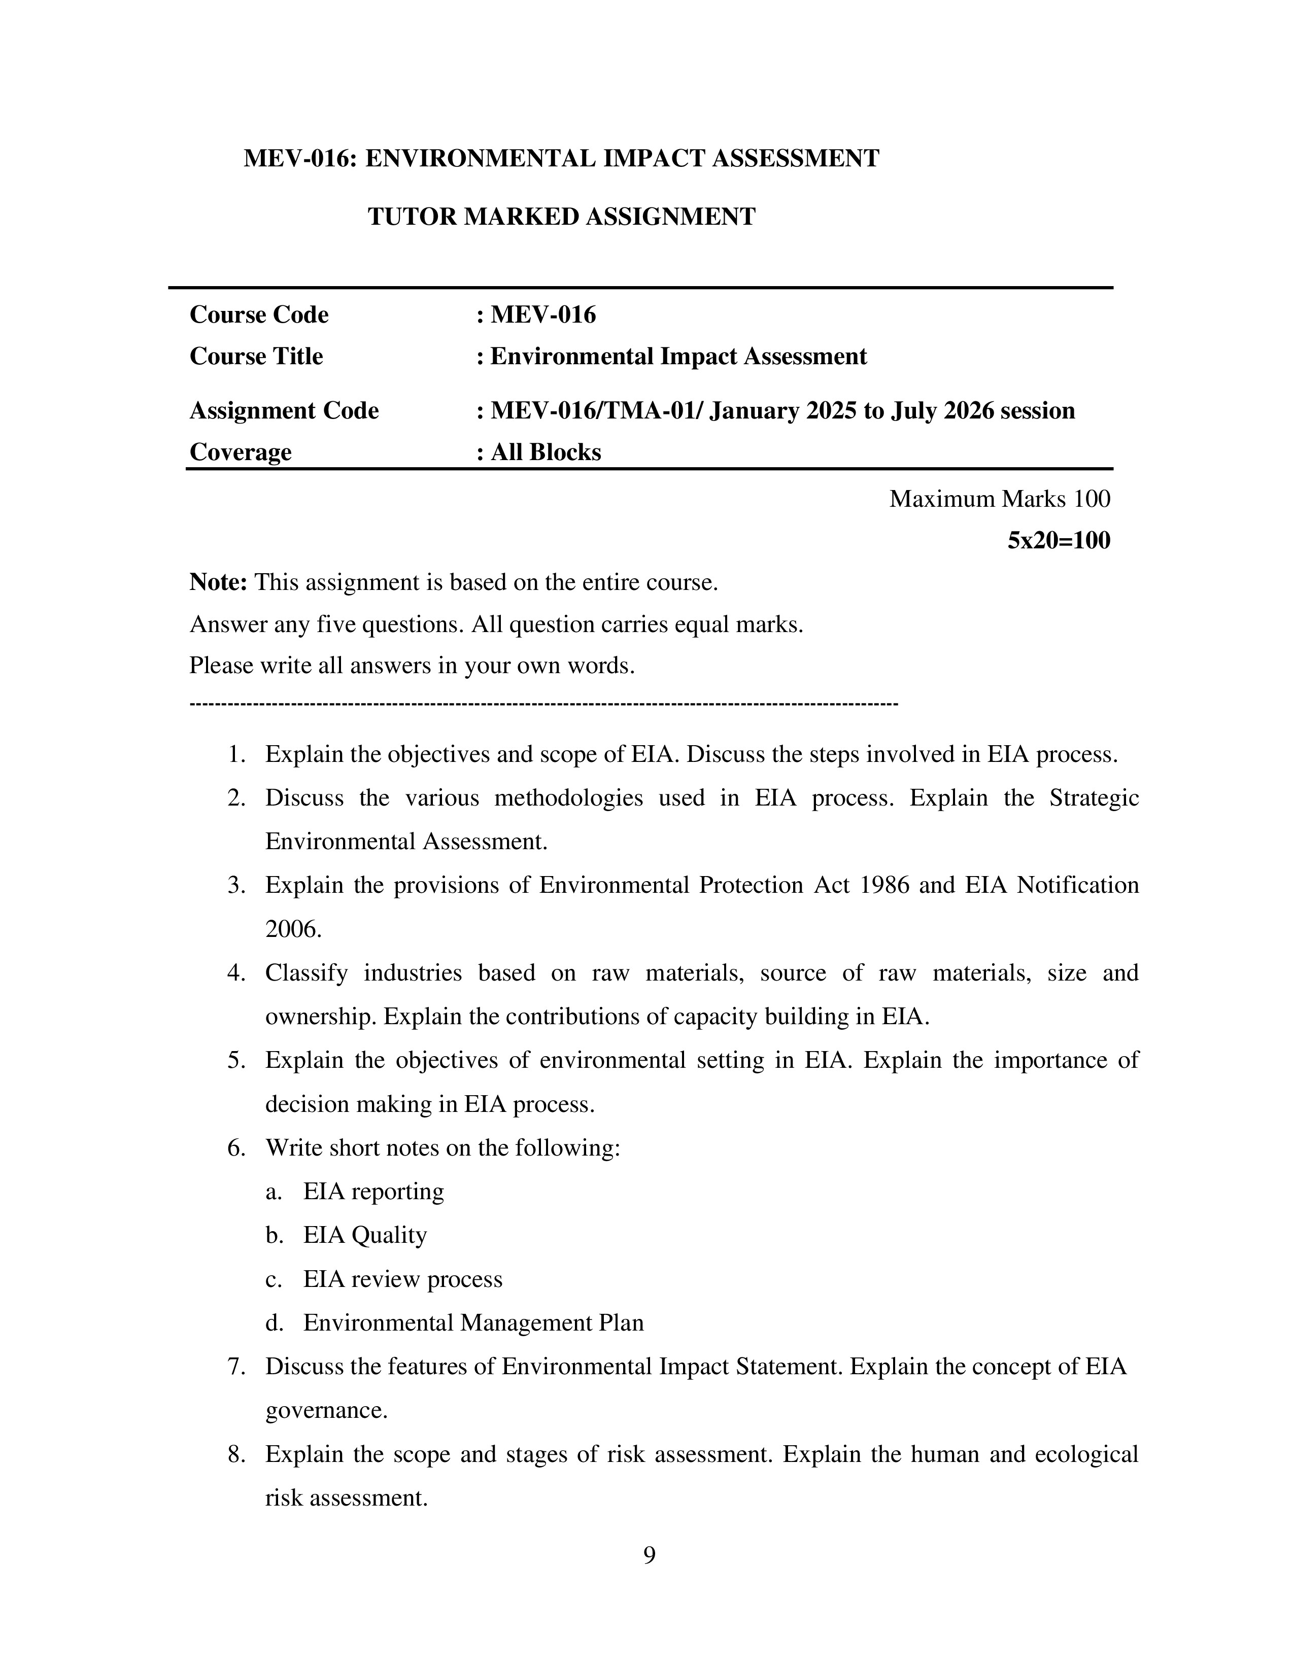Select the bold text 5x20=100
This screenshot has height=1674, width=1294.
tap(1058, 540)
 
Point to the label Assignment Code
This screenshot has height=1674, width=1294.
tap(284, 411)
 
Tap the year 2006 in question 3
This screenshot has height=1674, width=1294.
tap(293, 929)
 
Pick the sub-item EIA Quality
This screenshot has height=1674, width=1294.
tap(365, 1235)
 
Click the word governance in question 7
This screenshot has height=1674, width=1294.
tap(326, 1410)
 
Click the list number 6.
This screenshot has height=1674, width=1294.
tap(236, 1148)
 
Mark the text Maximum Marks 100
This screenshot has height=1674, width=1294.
tap(999, 499)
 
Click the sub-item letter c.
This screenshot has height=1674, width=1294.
tap(274, 1279)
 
